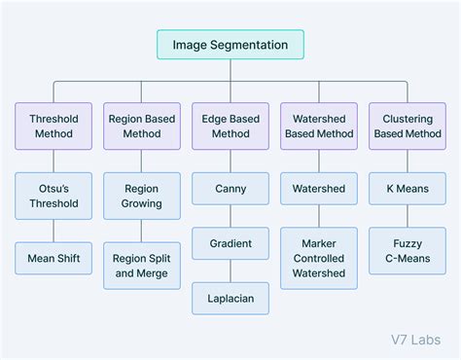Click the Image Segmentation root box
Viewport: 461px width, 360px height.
click(230, 45)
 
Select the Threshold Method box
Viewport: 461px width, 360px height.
click(53, 126)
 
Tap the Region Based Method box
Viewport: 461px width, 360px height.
click(142, 126)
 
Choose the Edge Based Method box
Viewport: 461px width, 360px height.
click(230, 126)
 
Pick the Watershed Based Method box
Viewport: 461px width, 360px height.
click(319, 126)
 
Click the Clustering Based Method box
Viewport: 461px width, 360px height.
click(408, 126)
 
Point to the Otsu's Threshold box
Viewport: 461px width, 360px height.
click(53, 196)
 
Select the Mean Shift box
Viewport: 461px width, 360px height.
click(53, 258)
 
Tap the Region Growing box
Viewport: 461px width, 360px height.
click(142, 196)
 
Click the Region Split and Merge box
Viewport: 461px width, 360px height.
click(142, 266)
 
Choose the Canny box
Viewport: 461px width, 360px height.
click(230, 189)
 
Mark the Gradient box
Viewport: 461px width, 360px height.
click(230, 243)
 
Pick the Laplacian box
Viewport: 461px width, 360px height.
click(230, 299)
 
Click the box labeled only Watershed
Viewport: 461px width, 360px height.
click(319, 189)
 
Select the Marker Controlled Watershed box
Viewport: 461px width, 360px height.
click(319, 258)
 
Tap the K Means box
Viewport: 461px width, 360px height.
click(408, 189)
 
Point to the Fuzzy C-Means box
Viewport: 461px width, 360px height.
click(408, 251)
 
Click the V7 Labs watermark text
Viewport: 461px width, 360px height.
click(409, 339)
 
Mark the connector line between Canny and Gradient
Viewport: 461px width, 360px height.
click(230, 216)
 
